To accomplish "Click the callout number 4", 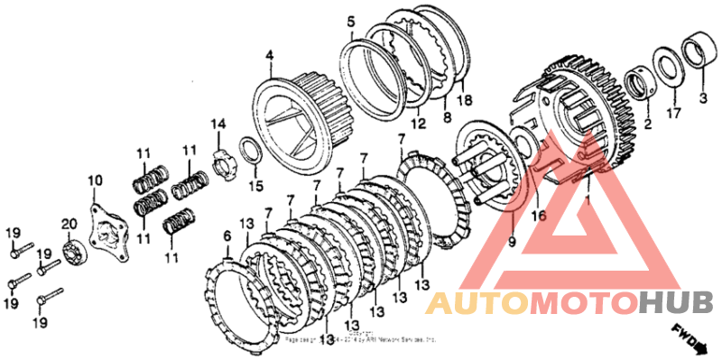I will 268,56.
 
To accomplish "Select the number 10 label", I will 96,181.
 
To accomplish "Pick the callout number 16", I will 538,217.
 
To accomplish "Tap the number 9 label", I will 513,241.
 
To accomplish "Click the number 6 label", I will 227,235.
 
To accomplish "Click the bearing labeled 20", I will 73,249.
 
